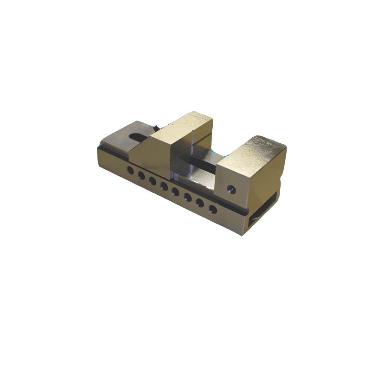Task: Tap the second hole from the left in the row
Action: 141,175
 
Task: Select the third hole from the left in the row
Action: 152,180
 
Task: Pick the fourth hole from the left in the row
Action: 164,186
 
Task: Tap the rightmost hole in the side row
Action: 212,209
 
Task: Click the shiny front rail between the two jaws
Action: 195,176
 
